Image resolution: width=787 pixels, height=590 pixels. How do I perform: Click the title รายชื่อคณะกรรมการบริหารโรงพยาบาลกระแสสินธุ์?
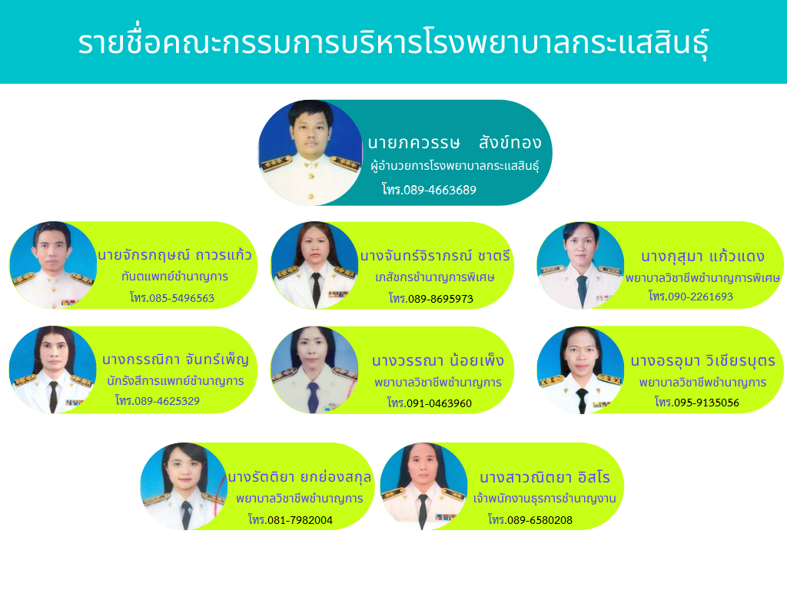[x=393, y=42]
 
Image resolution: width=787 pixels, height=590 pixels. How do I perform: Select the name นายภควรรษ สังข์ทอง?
[x=454, y=142]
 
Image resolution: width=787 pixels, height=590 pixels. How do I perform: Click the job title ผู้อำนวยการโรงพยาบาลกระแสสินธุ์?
[x=454, y=166]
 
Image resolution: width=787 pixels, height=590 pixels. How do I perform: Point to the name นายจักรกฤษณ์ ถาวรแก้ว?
[x=174, y=255]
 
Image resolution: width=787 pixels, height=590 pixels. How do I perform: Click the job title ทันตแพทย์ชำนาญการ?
[x=174, y=277]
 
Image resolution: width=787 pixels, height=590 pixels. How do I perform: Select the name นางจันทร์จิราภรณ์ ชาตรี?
[x=435, y=256]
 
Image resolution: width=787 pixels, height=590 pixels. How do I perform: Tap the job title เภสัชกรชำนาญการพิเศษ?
[x=435, y=277]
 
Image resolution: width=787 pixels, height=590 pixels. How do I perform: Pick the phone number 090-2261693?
[x=700, y=297]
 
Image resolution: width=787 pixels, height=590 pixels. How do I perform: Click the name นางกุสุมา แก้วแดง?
[x=702, y=257]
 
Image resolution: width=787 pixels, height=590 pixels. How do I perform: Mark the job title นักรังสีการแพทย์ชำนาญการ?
[x=175, y=381]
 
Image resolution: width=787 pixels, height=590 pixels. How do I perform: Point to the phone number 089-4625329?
[x=167, y=401]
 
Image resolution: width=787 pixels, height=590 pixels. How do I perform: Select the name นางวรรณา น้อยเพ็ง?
[x=437, y=361]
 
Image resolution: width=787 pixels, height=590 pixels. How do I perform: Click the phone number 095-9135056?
[x=707, y=403]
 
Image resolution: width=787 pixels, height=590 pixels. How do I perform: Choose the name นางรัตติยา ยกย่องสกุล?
[x=300, y=477]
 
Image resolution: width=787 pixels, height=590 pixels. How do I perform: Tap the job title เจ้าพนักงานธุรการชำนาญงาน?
[x=545, y=499]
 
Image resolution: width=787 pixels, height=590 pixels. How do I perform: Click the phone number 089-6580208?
[x=540, y=520]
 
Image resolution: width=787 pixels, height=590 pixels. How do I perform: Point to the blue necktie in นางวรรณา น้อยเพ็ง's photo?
[x=314, y=397]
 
